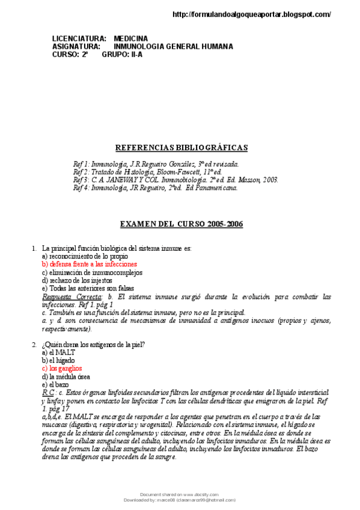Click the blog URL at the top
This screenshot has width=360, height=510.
pos(251,14)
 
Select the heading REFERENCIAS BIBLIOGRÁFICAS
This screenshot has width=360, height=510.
pos(181,148)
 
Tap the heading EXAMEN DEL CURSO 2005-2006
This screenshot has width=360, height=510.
pos(182,224)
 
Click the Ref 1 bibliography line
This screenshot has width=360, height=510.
pos(156,164)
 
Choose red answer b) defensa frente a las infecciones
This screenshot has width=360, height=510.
pos(89,264)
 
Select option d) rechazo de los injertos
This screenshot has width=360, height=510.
pos(76,280)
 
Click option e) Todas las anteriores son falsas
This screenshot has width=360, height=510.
pos(88,288)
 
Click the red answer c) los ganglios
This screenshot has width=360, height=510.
pos(62,368)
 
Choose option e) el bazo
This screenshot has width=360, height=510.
pos(55,384)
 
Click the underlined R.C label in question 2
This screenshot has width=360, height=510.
pos(48,392)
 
